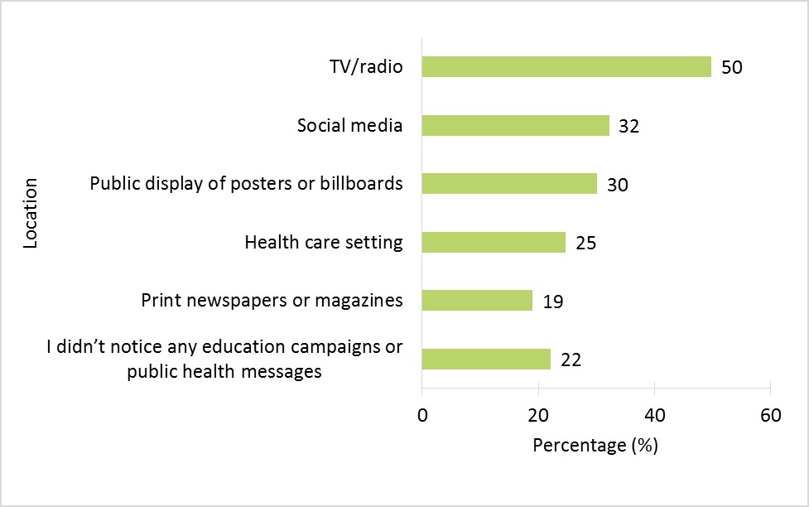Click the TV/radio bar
(x=566, y=66)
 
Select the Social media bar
(x=515, y=125)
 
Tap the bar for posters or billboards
(x=509, y=183)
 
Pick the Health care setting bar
(x=494, y=242)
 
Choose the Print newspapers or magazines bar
(x=477, y=300)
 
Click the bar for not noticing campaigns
(x=486, y=359)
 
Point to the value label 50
(x=732, y=67)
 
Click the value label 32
(x=629, y=126)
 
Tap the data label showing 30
(x=617, y=184)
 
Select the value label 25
(x=585, y=243)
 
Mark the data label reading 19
(x=553, y=301)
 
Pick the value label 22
(x=571, y=360)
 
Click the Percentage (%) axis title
(x=595, y=446)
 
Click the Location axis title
(x=31, y=212)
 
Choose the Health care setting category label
(x=324, y=243)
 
